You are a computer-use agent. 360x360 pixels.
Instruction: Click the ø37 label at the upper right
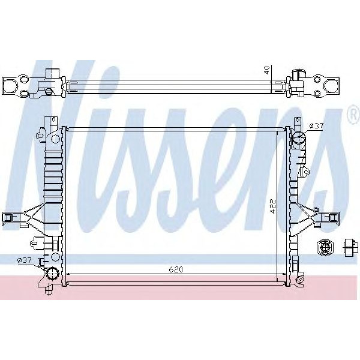tap(316, 126)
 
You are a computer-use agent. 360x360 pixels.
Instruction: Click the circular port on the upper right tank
tap(298, 141)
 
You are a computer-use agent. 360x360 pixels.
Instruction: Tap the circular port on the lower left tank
tap(52, 273)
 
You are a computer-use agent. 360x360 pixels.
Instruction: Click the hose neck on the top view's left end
tap(53, 76)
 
